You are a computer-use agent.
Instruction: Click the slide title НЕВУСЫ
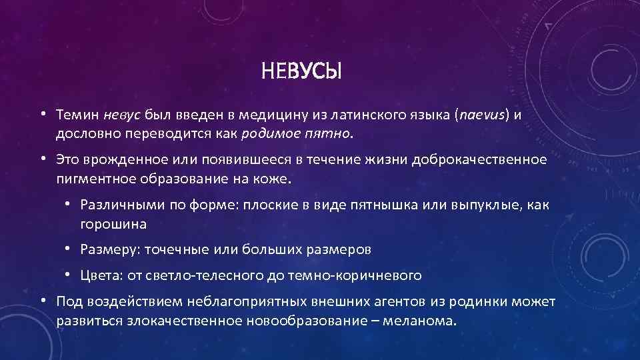point(301,70)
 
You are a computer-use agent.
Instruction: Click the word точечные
point(173,250)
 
